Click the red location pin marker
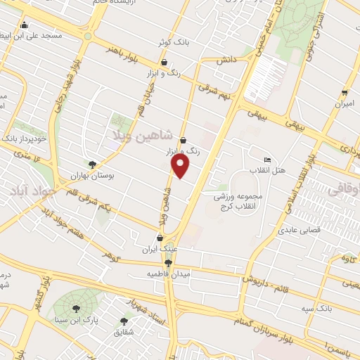tap(181, 166)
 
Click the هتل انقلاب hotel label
tap(270, 170)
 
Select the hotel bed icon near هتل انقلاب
tap(266, 160)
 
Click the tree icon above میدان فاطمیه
tap(167, 263)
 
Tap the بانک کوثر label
tap(174, 43)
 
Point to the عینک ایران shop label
tap(160, 248)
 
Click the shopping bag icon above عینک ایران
tap(160, 238)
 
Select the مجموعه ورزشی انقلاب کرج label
tap(239, 201)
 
